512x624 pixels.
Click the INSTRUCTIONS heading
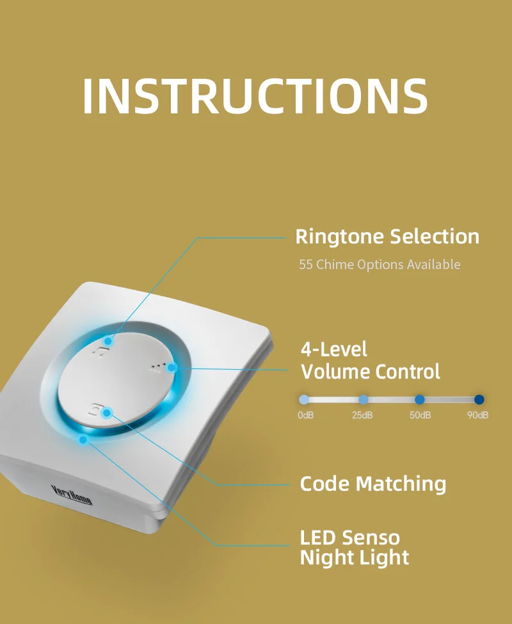(255, 97)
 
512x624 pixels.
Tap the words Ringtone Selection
(387, 236)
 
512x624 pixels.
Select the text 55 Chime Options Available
(380, 264)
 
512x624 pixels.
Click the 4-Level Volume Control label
(370, 360)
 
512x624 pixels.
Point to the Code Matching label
(372, 483)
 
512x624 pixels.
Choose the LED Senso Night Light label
(354, 547)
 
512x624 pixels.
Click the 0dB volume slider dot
(304, 400)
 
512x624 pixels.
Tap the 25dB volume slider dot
(363, 400)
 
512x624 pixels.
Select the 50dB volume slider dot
(420, 400)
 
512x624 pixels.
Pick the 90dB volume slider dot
(479, 400)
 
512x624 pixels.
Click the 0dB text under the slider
(305, 415)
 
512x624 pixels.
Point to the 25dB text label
(362, 415)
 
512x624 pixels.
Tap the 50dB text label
(420, 415)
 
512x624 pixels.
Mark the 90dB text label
(477, 415)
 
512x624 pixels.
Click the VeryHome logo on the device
(72, 495)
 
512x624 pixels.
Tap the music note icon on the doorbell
(100, 350)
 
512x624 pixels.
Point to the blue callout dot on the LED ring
(83, 439)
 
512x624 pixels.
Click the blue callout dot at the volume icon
(172, 368)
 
